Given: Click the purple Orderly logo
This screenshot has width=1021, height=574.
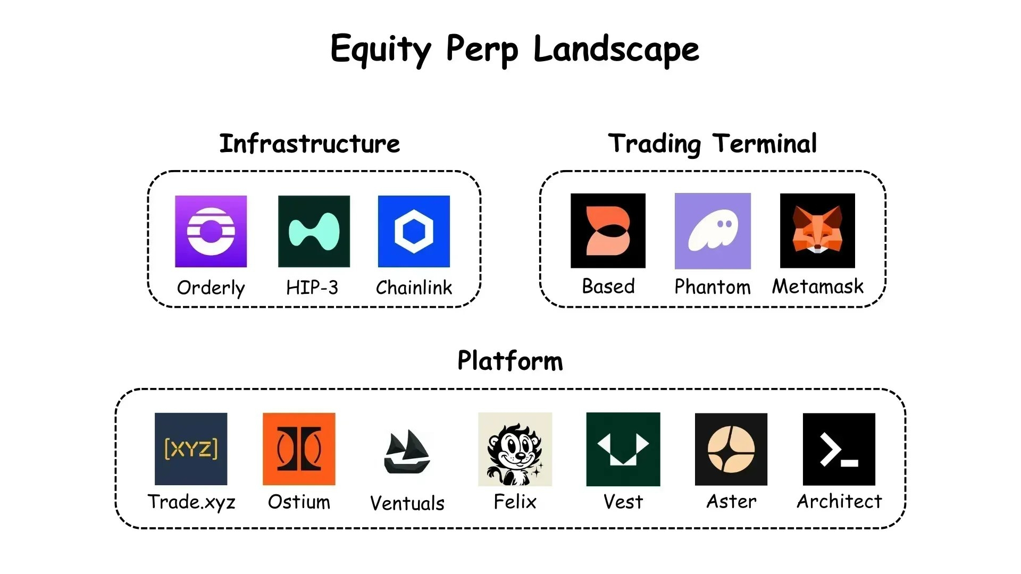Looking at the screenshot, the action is click(211, 231).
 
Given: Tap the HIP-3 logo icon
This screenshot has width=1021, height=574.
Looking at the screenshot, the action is click(314, 231).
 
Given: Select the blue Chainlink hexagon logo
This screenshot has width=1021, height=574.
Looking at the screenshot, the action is click(414, 231).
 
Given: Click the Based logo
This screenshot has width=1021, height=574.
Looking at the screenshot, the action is click(608, 231).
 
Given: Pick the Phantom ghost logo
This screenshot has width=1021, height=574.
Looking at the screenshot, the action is click(713, 231).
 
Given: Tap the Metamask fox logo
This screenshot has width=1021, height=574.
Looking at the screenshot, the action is click(817, 231).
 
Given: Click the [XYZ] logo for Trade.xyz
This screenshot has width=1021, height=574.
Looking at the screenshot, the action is click(191, 449).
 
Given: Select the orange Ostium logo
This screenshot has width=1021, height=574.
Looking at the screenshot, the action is click(299, 449).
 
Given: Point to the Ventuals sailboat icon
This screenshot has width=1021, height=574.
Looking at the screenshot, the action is click(407, 451).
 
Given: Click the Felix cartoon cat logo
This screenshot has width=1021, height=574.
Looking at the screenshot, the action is click(515, 449).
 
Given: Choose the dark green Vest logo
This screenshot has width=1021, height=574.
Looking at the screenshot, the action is click(623, 449).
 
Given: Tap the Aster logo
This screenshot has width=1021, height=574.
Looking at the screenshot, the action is click(731, 449).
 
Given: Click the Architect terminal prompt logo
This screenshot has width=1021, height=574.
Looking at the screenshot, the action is click(839, 449).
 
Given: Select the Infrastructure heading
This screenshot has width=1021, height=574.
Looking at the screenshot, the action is click(309, 143).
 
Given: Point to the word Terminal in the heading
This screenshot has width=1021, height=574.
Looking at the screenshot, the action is click(765, 143).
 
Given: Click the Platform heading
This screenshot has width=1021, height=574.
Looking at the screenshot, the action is click(510, 361).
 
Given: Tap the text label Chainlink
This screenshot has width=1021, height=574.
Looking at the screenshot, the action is click(414, 288).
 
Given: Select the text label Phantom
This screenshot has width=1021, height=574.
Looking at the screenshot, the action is click(713, 287).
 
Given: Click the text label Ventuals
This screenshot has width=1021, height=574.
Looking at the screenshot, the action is click(407, 503).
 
